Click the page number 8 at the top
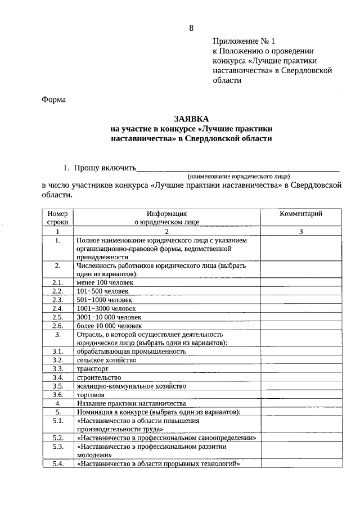191,28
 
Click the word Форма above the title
54,100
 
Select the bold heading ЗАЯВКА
191,119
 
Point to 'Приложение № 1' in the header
245,42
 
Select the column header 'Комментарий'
301,214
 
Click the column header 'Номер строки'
57,218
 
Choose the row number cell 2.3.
57,300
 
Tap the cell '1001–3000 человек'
106,308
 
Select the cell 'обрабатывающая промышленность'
132,351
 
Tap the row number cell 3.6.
57,394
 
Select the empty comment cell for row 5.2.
301,437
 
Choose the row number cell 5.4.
57,464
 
